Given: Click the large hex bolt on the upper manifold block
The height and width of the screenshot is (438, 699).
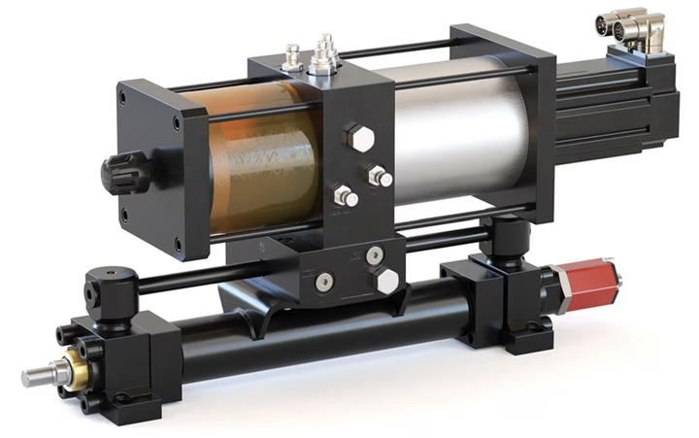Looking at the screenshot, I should (358, 138).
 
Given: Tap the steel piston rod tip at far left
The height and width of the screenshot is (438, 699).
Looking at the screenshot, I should (36, 376).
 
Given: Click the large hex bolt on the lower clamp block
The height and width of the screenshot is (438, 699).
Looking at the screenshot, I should (385, 282).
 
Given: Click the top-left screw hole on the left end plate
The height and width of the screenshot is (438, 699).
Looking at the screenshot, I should (131, 96).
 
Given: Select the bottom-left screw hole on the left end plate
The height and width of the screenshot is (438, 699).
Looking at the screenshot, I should (178, 243).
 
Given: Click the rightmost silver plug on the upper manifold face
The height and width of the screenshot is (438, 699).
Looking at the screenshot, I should (381, 178).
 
